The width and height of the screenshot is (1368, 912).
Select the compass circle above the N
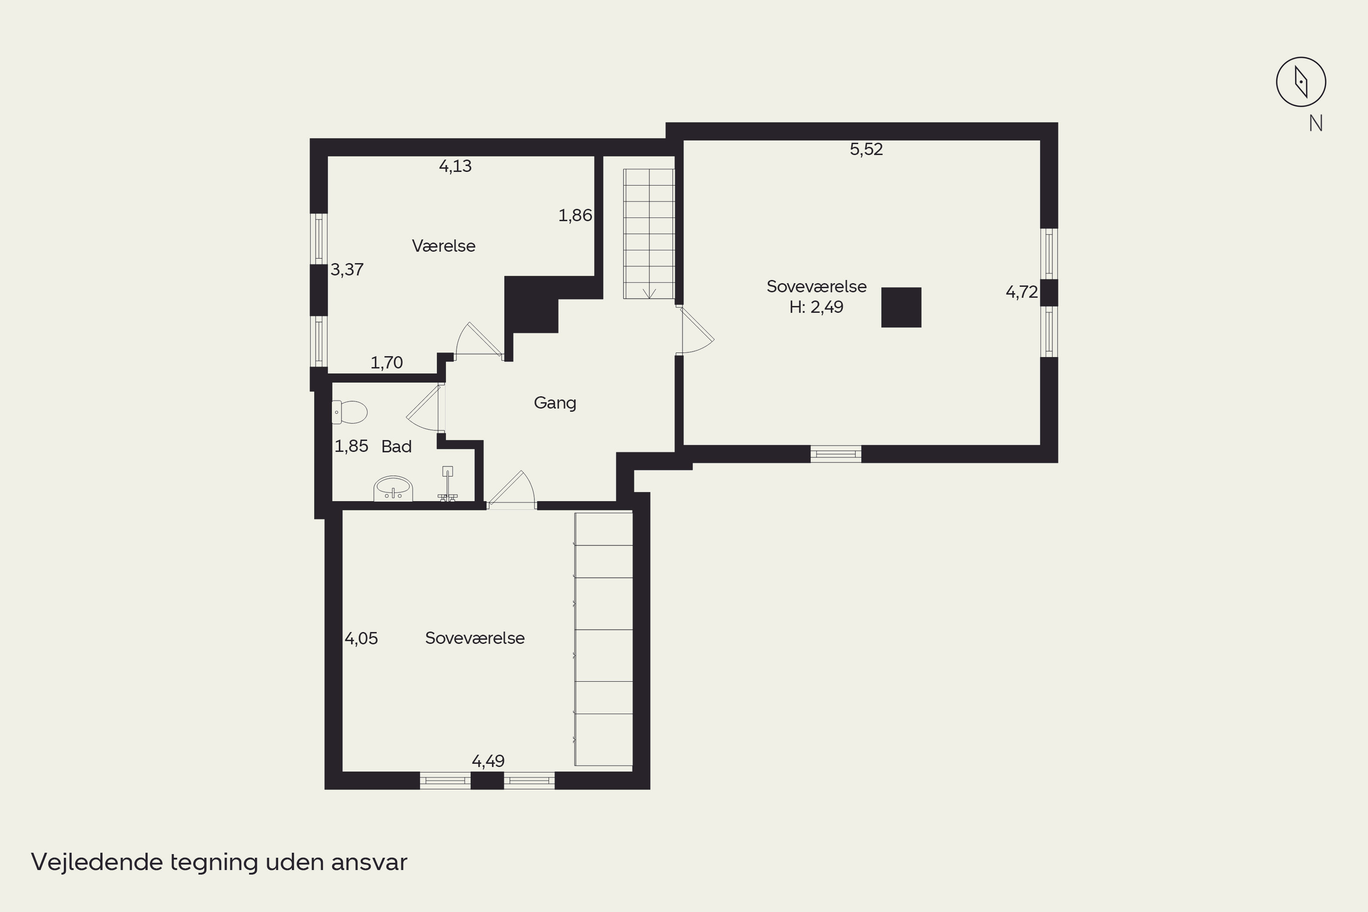(x=1301, y=82)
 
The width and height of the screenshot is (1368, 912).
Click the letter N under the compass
(x=1316, y=123)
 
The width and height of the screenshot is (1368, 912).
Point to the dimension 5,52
(x=866, y=150)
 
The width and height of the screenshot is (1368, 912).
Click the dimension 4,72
(x=1022, y=292)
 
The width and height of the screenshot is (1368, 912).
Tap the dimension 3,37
(x=347, y=269)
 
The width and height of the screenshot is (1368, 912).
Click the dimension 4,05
(x=361, y=639)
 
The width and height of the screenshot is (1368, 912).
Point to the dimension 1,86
(x=575, y=216)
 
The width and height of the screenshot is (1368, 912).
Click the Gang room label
(x=555, y=403)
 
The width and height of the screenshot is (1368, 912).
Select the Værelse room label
(x=444, y=246)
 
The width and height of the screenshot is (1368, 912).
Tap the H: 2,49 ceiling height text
(x=816, y=307)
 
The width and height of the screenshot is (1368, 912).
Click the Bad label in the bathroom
(x=397, y=447)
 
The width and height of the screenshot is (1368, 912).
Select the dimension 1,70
(x=387, y=363)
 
